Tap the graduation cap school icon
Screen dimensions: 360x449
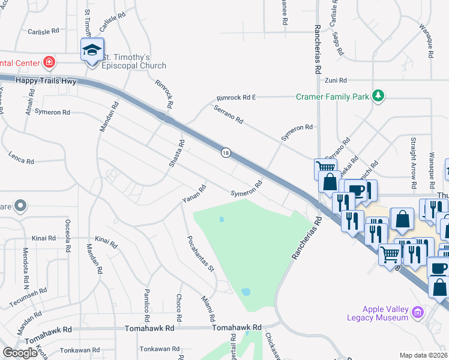(92, 50)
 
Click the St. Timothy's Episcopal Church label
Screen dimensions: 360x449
(134, 62)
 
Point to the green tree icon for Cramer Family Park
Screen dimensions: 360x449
(378, 96)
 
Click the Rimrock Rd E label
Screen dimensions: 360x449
(236, 97)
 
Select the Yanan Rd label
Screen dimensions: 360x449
(194, 194)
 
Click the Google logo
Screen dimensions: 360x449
(20, 353)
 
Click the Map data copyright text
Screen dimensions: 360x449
(424, 355)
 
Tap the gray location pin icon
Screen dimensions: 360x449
(20, 206)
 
